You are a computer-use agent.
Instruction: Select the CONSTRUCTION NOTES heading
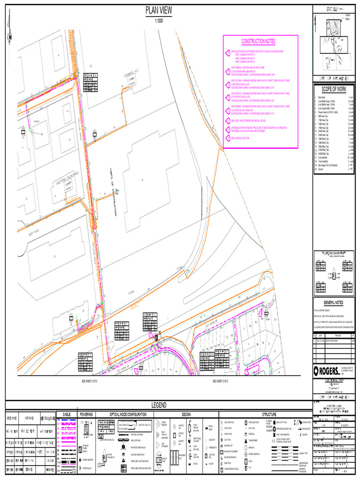(x=258, y=42)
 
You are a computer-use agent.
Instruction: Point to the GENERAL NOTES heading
(x=333, y=302)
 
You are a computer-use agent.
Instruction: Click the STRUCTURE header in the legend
(x=266, y=414)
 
